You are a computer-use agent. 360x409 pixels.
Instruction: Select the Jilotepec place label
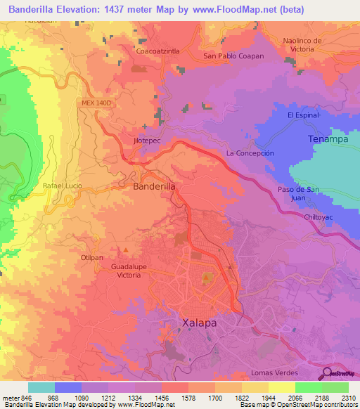coord(147,140)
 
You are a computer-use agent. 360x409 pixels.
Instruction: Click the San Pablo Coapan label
coord(233,56)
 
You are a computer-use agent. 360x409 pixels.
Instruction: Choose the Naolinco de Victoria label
coord(302,45)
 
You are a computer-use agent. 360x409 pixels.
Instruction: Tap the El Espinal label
coord(303,115)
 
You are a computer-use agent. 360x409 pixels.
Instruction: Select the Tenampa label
coord(328,139)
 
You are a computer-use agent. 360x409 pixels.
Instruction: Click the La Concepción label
coord(250,152)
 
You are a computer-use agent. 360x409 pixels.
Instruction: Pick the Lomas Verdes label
coord(274,372)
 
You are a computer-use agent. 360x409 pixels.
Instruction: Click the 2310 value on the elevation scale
coord(347,398)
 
